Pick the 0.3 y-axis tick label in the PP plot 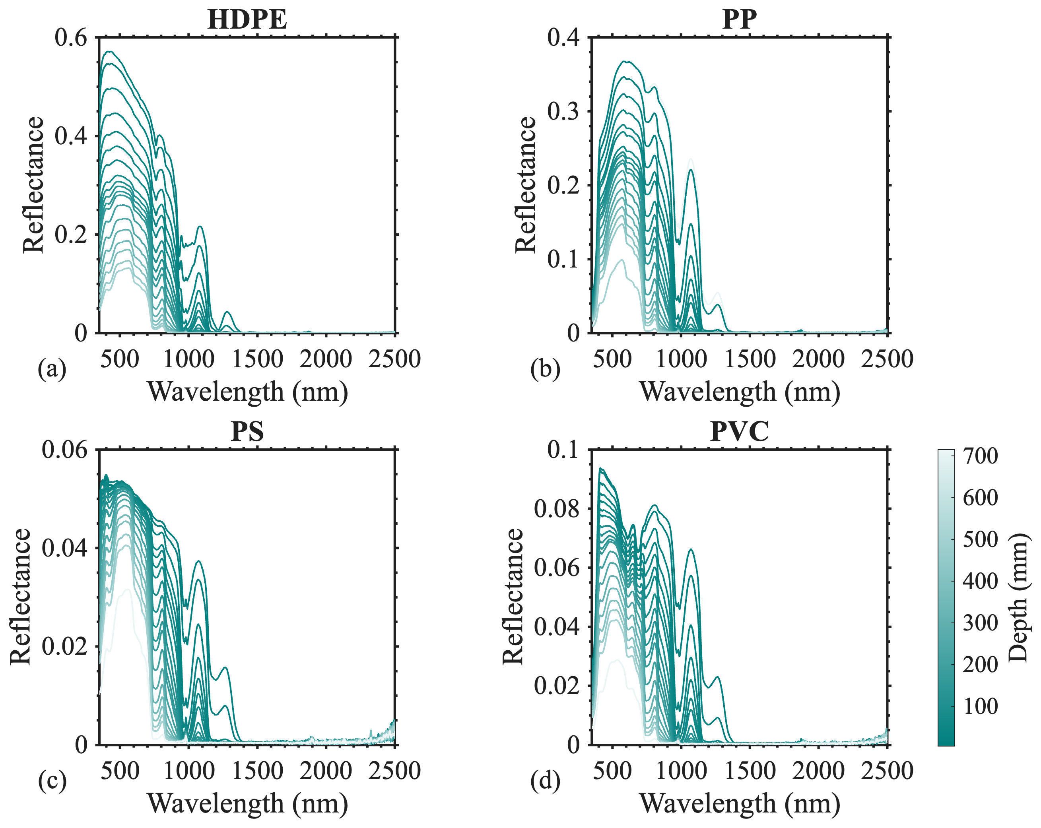[563, 112]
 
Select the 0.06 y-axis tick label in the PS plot [65, 450]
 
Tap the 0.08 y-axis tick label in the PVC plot [556, 509]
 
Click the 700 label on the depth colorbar [980, 456]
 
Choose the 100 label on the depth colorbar [980, 706]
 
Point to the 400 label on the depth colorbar [980, 581]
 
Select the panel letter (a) [52, 369]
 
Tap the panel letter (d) [545, 781]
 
